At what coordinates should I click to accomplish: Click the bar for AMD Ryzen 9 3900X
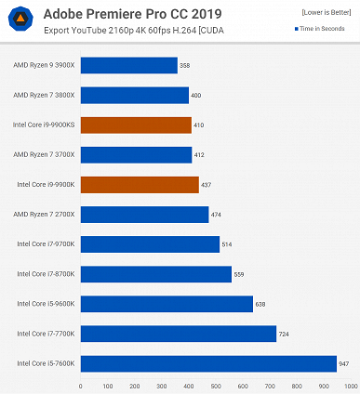point(128,65)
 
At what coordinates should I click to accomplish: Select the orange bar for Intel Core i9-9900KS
point(136,125)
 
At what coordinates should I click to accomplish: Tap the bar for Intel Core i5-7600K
point(208,363)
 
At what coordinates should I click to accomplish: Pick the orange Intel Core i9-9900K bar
point(140,185)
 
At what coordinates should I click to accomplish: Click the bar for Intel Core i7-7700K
point(179,334)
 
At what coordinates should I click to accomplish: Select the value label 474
point(217,215)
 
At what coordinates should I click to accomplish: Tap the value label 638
point(261,304)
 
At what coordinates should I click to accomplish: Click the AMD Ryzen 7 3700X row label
point(45,155)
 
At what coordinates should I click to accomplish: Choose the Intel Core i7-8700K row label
point(46,274)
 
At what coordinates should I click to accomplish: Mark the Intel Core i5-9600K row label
point(46,304)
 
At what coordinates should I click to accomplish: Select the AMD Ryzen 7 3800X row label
point(45,95)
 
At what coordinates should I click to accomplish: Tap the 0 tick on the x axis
point(81,385)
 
